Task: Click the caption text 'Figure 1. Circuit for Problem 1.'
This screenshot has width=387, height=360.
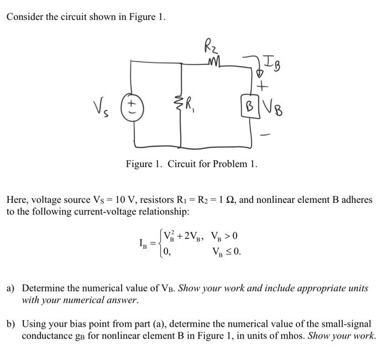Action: coord(191,164)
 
